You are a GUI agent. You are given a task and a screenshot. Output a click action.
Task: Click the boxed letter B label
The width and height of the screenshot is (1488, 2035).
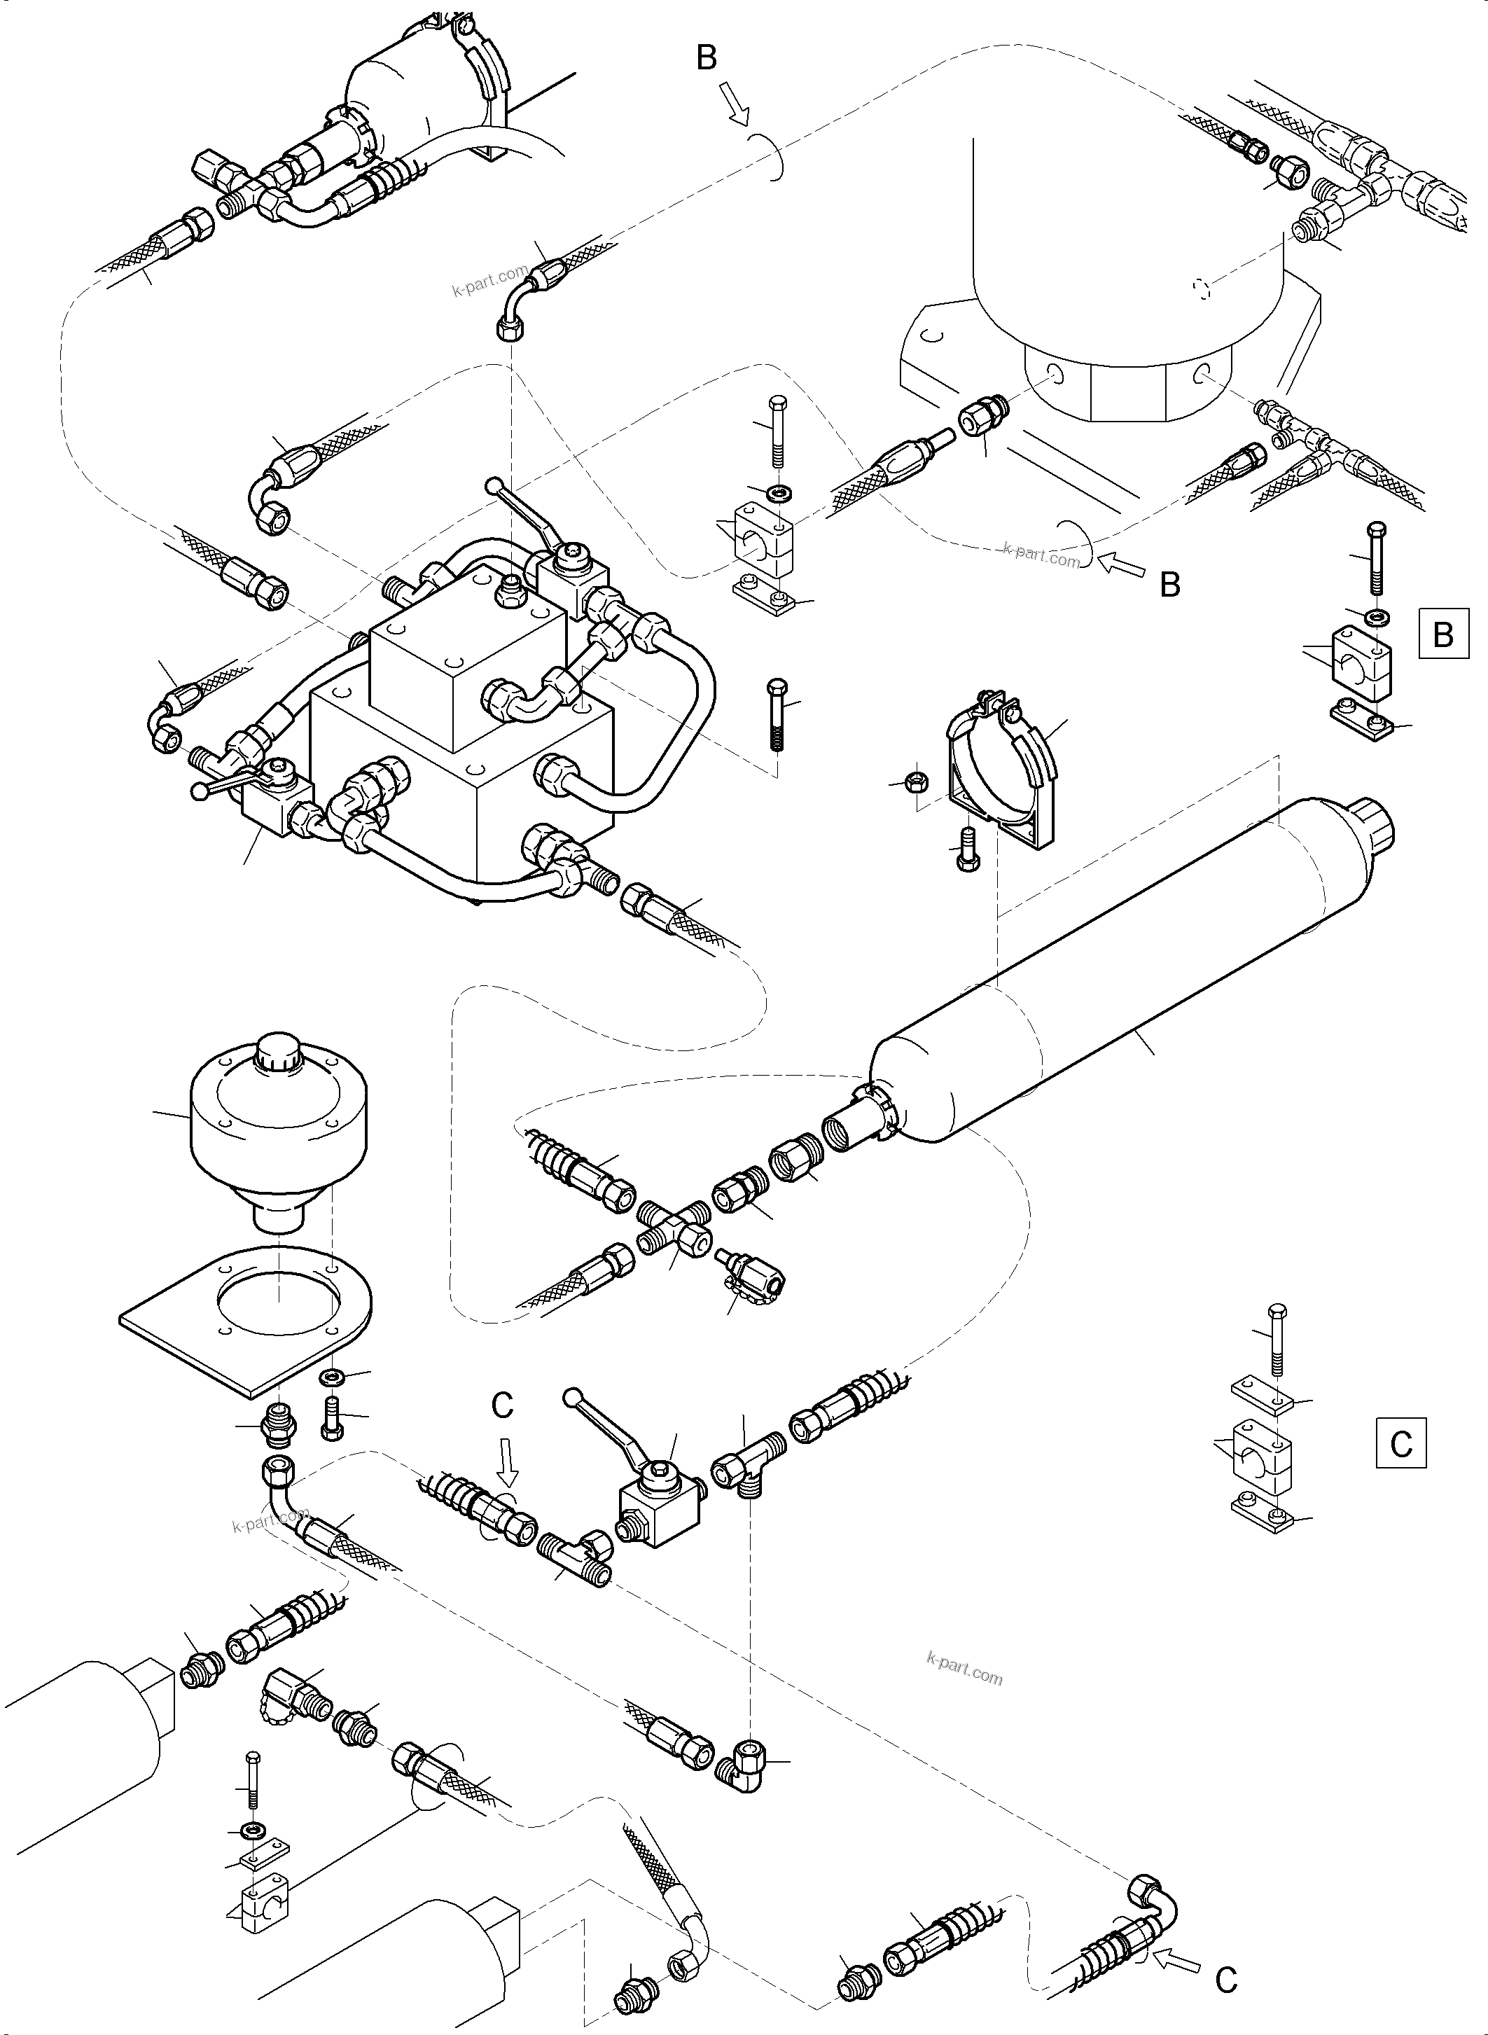point(1443,634)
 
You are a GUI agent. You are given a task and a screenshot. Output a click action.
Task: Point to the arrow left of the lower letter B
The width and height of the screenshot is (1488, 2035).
point(1124,567)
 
